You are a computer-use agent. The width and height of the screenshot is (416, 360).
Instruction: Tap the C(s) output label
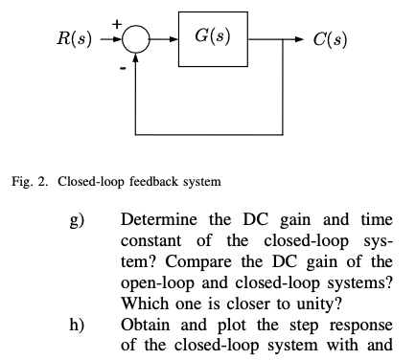[331, 40]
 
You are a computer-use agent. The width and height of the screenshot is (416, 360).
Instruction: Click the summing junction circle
[137, 40]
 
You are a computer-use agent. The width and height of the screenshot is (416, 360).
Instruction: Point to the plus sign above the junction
[118, 21]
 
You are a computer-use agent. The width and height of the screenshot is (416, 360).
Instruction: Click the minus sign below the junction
[122, 68]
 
